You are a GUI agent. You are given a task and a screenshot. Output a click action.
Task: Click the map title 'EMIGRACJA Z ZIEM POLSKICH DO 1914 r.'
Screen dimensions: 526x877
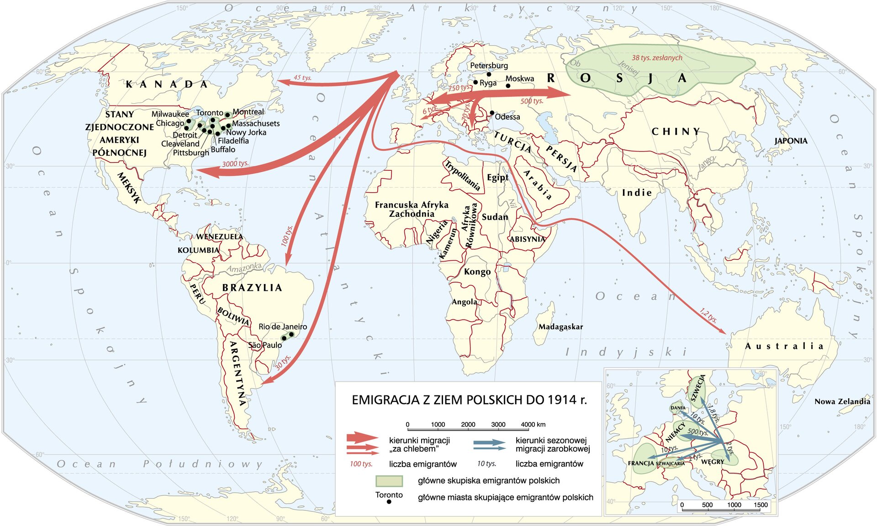469,400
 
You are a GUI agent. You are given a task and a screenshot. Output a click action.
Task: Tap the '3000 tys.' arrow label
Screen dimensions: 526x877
235,163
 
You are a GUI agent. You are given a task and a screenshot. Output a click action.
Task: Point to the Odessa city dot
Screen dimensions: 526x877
492,112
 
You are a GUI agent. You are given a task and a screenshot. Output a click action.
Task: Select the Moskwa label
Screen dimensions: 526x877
519,79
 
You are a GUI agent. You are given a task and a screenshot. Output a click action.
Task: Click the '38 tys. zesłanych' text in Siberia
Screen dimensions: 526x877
657,58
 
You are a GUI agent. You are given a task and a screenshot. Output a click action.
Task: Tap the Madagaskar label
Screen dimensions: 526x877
560,327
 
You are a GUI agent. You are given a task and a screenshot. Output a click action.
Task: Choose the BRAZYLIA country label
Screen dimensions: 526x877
252,288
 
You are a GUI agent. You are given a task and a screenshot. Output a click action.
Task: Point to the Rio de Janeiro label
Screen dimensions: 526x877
282,326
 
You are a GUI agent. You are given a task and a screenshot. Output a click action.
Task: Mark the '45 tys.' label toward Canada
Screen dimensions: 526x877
302,78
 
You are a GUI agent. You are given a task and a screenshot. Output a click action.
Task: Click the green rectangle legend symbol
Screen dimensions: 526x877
389,481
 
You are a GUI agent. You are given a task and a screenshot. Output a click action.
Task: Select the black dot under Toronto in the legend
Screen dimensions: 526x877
389,502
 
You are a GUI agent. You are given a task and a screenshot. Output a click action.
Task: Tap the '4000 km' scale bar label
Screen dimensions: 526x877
533,424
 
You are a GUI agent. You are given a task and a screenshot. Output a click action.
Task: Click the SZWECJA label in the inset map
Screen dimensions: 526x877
697,388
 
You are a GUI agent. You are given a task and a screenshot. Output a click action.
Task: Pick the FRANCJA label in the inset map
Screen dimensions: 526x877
641,463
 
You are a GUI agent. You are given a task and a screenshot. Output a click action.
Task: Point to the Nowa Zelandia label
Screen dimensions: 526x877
842,402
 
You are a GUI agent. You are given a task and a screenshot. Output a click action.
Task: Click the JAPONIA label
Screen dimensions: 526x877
791,141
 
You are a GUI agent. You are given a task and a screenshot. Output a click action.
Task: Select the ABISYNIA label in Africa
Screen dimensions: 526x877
527,239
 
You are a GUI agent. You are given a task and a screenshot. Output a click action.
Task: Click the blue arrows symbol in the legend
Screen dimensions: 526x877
489,445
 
